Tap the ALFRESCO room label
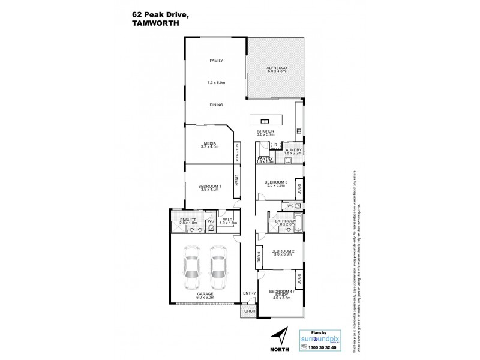[x=277, y=68]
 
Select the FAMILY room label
[x=216, y=61]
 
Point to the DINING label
[x=216, y=104]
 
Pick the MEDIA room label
[x=209, y=143]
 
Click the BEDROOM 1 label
[x=209, y=186]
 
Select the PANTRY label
[x=265, y=158]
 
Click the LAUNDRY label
[x=292, y=150]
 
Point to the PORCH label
[x=248, y=311]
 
